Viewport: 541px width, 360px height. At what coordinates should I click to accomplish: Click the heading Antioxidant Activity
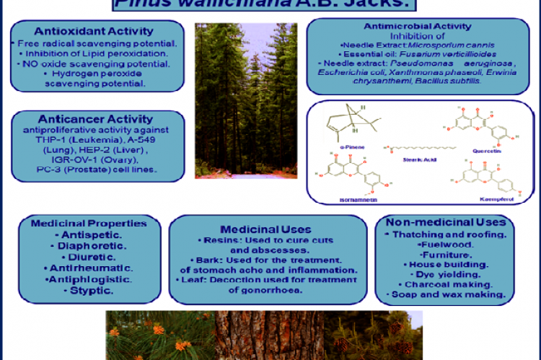pos(98,31)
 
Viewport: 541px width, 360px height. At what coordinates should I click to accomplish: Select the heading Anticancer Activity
pos(98,119)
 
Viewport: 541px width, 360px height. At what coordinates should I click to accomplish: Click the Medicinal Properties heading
pos(89,224)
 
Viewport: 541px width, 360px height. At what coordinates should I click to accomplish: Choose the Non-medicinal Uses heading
pos(446,222)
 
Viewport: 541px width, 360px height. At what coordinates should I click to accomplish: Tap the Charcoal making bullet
pos(446,284)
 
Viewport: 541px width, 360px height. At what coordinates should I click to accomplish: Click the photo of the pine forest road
pos(246,100)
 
